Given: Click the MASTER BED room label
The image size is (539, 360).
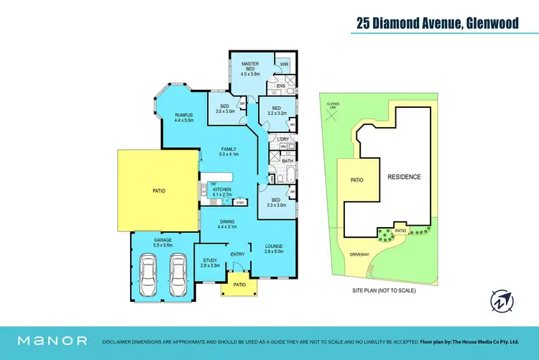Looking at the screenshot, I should pos(249,68).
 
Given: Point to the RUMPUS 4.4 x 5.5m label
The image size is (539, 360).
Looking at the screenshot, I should pos(185,116).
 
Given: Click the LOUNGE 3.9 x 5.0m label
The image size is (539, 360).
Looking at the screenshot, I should pos(275,249).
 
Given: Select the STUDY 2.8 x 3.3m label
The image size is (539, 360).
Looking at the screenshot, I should pos(210,263).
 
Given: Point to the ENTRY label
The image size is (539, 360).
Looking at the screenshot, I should pos(238,254).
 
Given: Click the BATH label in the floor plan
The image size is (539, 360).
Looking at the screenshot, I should pos(287,161).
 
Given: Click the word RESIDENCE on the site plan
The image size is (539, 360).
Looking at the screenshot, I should pos(404,176).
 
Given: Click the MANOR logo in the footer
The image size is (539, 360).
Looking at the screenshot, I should pos(52,341).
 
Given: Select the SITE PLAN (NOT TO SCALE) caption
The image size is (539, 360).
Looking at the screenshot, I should pos(384,290).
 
